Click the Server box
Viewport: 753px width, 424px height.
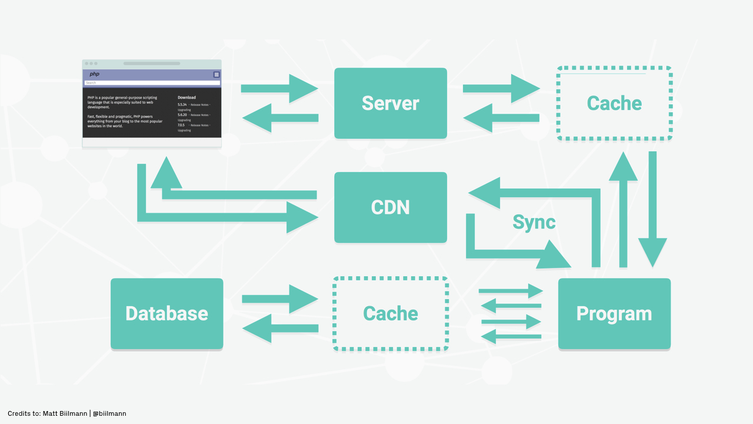(391, 103)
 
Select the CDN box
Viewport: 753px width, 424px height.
(391, 207)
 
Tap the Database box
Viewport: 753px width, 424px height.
(166, 313)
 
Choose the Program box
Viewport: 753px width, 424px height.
(614, 313)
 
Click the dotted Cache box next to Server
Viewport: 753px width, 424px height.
(614, 104)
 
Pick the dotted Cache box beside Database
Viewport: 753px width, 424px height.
(391, 313)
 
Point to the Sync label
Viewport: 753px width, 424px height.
(534, 222)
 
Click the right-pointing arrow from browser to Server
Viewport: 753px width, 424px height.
(279, 88)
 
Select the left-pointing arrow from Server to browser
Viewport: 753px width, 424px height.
(279, 118)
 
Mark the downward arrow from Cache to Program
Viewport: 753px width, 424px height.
(652, 209)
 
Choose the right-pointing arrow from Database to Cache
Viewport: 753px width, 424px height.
(279, 299)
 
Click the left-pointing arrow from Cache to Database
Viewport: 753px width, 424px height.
(279, 328)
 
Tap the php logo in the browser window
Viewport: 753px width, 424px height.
(94, 75)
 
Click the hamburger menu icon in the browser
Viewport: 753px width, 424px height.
(216, 75)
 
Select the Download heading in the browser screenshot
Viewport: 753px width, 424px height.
(186, 98)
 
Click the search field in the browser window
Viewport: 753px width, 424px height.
(152, 83)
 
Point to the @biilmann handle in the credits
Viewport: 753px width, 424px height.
(109, 413)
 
